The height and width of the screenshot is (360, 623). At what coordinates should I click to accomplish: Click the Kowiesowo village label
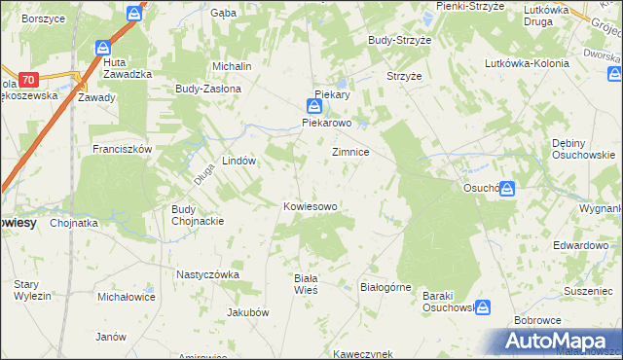pos(310,206)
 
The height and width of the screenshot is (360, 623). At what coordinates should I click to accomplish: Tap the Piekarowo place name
pos(326,124)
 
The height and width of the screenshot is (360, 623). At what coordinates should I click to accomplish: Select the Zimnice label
pos(350,153)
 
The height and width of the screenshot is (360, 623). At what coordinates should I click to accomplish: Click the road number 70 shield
pos(29,79)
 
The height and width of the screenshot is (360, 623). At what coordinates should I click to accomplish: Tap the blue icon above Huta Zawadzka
pos(103,48)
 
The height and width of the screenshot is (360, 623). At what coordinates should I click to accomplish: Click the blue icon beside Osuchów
pos(507,191)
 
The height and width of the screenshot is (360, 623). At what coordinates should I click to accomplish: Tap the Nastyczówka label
pos(207,274)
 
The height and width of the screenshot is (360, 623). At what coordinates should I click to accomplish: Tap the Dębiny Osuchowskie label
pos(582,148)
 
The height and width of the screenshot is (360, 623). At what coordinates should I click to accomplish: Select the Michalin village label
pos(233,65)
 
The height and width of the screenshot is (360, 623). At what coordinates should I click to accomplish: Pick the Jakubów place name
pos(246,312)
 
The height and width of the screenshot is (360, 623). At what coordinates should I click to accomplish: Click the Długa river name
pos(202,173)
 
